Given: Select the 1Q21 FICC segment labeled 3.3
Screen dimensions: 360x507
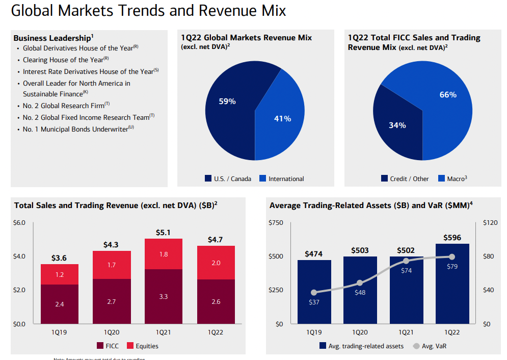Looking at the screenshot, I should tap(163, 296).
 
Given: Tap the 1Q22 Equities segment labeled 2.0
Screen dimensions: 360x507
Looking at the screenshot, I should tap(216, 263).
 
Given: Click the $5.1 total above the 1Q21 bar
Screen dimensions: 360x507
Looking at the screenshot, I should tap(163, 233).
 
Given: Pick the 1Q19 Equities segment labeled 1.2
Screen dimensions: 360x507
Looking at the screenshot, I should tap(59, 274).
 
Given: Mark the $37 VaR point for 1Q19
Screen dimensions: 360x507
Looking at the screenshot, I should tap(314, 293).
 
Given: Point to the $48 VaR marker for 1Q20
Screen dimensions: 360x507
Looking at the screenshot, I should tap(360, 283).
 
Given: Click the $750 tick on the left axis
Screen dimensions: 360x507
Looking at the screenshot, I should tap(276, 223).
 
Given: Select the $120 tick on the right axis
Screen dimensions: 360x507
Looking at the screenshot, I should tap(490, 223).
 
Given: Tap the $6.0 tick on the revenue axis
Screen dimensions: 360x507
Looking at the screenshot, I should tap(18, 223).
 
